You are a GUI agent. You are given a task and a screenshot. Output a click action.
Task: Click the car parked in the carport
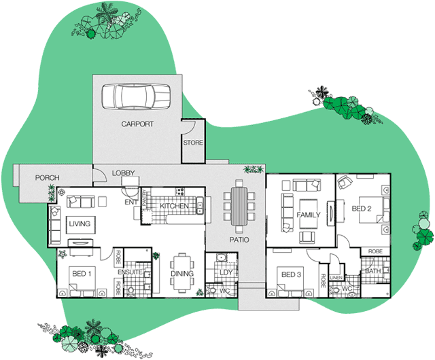pos(136,96)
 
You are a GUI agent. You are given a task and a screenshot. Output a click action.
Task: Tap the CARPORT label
pos(137,124)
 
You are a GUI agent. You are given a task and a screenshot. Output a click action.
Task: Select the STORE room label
pos(193,143)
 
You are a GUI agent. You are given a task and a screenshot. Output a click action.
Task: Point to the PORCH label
pos(47,177)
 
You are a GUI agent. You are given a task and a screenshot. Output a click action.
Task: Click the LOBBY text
pos(124,173)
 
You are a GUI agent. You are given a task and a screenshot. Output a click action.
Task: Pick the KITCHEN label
pos(174,206)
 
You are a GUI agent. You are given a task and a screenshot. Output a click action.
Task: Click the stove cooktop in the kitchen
pos(179,192)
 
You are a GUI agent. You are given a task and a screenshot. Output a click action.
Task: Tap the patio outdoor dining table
pos(239,206)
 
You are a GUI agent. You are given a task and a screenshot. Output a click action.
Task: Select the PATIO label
pos(239,240)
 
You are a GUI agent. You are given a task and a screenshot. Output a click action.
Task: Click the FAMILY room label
pos(309,215)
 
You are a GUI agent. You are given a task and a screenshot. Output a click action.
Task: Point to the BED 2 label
pos(362,209)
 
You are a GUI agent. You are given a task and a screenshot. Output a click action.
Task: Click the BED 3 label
pos(291,274)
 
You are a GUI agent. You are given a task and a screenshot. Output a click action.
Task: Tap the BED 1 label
pos(82,274)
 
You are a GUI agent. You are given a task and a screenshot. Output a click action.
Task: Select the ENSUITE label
pos(130,272)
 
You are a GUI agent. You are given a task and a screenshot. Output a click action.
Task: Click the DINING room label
pos(182,274)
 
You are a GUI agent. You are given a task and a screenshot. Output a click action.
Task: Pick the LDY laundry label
pos(226,272)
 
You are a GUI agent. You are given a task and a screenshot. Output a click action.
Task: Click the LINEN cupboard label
pos(336,278)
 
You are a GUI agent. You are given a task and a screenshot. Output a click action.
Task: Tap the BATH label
pos(373,271)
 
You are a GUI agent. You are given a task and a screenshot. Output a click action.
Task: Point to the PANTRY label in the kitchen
pos(144,198)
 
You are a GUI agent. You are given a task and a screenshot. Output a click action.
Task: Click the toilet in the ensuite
pos(130,291)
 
